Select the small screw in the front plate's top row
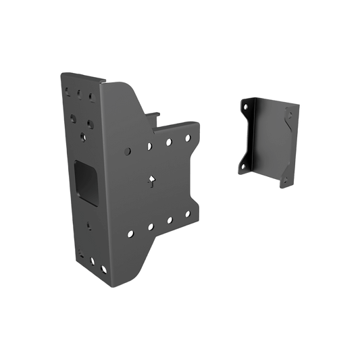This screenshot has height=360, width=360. coord(168,142)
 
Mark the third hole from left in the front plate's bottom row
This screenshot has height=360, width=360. coord(168,222)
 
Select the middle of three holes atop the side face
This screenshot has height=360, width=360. coord(80,95)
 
